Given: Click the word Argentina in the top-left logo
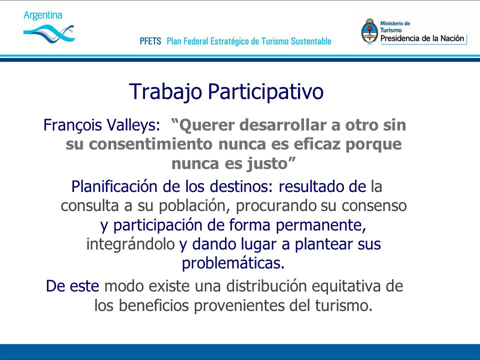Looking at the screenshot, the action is pos(43,15).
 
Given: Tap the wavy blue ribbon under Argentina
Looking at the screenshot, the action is pos(49,33).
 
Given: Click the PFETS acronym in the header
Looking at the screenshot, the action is pos(150,41).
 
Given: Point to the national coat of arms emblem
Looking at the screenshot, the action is pos(369,31).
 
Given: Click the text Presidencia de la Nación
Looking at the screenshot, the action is pos(422,38).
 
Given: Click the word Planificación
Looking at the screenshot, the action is pos(114,186).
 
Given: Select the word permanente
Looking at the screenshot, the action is pos(321,225).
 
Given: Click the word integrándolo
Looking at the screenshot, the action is pos(130,244).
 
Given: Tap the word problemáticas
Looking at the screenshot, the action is pos(233,263).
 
